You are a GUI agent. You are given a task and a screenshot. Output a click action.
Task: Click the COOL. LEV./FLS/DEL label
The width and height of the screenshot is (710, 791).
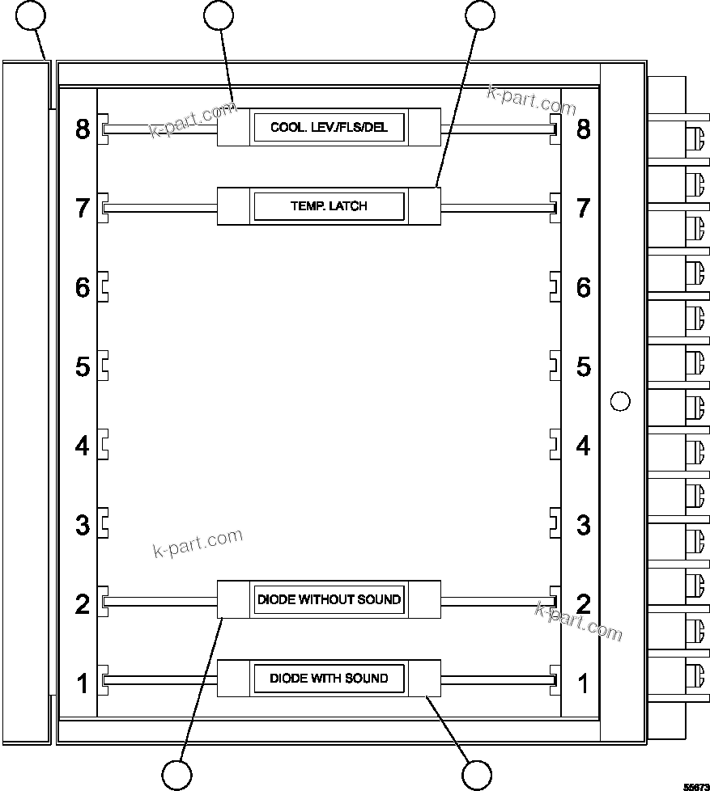(329, 128)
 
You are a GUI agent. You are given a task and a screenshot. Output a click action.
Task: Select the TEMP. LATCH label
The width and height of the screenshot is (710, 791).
(329, 206)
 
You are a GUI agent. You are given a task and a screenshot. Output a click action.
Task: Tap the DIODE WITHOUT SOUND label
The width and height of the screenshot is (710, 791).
(329, 599)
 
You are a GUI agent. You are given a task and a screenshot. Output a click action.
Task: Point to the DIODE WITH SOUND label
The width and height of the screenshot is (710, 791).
(329, 678)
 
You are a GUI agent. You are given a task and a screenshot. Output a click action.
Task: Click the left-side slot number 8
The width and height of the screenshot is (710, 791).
(83, 129)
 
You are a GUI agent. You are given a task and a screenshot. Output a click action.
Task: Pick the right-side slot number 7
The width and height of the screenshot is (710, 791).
(583, 208)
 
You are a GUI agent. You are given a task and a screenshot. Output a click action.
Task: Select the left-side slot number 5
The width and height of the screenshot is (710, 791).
(83, 367)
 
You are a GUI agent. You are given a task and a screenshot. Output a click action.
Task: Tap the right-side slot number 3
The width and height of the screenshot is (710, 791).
(583, 525)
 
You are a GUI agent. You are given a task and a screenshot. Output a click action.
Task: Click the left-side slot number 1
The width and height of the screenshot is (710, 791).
(83, 684)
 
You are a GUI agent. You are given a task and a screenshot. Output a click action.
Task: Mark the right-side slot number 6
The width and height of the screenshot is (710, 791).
(583, 287)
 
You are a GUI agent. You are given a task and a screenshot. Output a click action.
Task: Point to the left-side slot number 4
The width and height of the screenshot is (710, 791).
(83, 446)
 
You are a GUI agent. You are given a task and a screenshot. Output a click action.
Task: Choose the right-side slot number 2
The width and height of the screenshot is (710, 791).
(583, 604)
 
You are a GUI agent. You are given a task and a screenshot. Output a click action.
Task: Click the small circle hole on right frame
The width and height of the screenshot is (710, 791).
(619, 401)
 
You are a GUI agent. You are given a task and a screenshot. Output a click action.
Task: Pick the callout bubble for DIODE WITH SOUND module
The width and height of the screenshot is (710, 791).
(477, 775)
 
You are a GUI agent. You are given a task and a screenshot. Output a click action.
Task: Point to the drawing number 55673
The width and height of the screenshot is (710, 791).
(695, 785)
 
